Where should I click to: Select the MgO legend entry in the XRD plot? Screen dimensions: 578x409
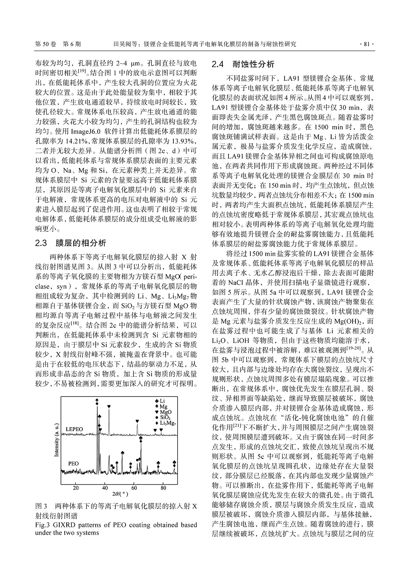click(164, 412)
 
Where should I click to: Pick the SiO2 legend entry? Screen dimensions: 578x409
click(164, 417)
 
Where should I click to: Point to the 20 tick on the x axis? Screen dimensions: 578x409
click(76, 488)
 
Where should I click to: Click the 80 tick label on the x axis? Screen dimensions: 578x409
click(164, 488)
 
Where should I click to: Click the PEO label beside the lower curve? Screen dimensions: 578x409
click(73, 464)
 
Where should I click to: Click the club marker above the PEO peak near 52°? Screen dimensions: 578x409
click(123, 452)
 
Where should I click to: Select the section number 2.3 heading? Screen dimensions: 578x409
click(42, 242)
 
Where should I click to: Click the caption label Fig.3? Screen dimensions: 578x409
click(42, 525)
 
